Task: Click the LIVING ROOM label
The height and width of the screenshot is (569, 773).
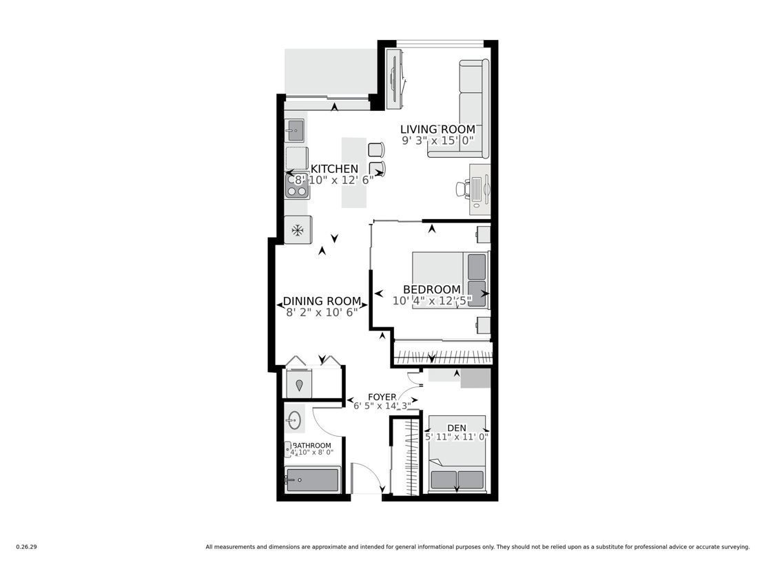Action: (437, 130)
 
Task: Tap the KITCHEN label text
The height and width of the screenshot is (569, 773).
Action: (334, 169)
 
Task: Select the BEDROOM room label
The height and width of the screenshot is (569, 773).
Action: (432, 289)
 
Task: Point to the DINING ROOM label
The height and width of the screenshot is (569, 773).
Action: (322, 301)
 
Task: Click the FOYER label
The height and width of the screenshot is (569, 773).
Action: (382, 397)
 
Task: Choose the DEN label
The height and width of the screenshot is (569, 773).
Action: (457, 428)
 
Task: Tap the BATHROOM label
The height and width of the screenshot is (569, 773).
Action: (312, 445)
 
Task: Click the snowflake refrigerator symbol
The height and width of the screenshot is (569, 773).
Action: (297, 230)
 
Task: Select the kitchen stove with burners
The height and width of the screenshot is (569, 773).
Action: (297, 185)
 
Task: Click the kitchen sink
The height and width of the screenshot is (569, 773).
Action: (296, 131)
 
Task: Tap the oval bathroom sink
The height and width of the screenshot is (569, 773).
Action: (293, 420)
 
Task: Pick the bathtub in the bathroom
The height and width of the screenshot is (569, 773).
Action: (312, 479)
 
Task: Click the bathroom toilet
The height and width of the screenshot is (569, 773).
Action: (289, 449)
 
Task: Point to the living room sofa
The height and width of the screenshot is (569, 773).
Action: (463, 108)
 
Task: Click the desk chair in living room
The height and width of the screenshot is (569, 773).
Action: (462, 189)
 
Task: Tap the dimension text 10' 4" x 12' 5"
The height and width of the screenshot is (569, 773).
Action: (432, 300)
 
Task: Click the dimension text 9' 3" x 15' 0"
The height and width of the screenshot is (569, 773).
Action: (437, 141)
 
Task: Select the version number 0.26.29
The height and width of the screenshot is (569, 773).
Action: (27, 547)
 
